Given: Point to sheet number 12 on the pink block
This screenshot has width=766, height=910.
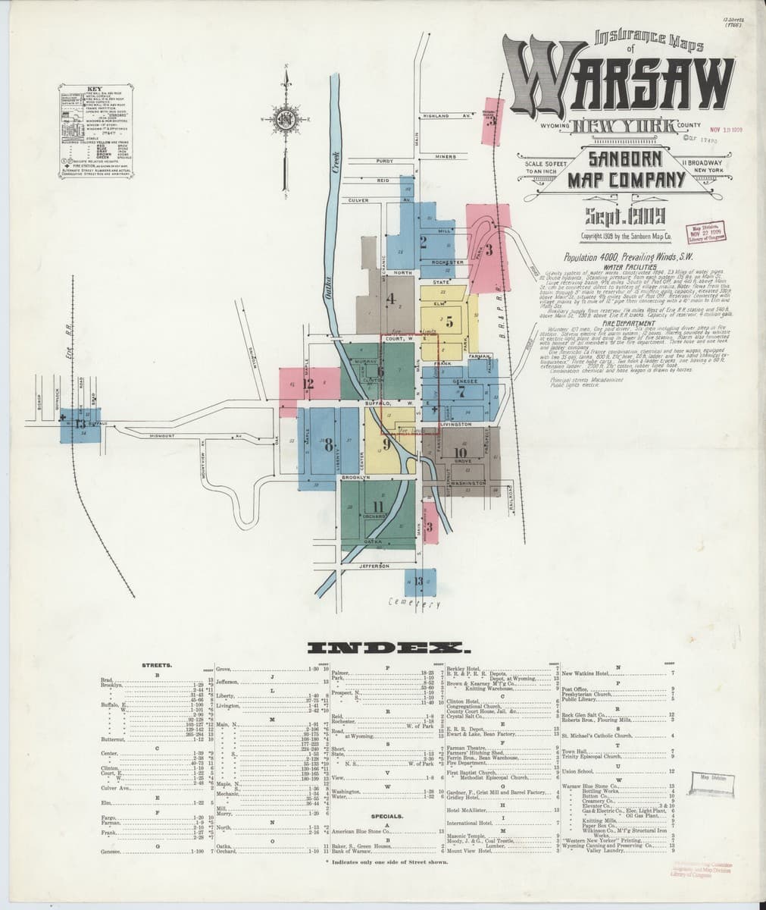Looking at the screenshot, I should pyautogui.click(x=308, y=384).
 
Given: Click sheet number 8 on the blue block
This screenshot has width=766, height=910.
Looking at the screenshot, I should pyautogui.click(x=328, y=445).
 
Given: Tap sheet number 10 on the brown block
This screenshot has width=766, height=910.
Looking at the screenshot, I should pyautogui.click(x=460, y=452).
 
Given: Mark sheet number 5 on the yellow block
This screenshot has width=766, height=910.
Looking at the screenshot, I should pyautogui.click(x=449, y=320).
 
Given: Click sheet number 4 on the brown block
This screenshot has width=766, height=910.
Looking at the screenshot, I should pyautogui.click(x=392, y=300).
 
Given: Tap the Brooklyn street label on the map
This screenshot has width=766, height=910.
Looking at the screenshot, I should pyautogui.click(x=354, y=478).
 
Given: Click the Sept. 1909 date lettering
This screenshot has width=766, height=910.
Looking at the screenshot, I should pyautogui.click(x=621, y=213).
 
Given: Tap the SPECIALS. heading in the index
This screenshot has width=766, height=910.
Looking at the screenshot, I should pyautogui.click(x=386, y=816).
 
